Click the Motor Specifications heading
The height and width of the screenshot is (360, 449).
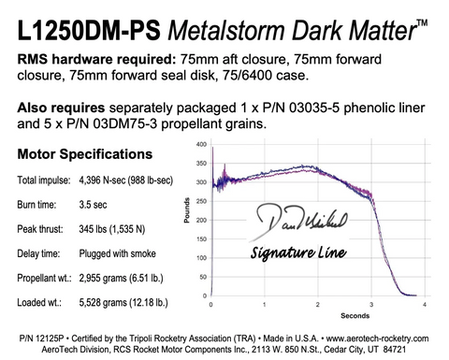point(82,153)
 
